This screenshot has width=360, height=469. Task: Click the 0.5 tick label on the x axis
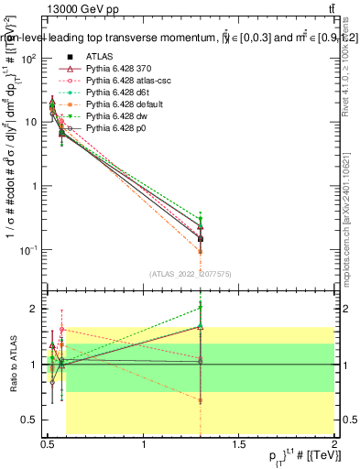pyautogui.click(x=49, y=445)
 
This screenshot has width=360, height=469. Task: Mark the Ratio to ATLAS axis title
pyautogui.click(x=12, y=365)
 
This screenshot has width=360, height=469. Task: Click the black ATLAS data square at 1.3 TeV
pyautogui.click(x=201, y=238)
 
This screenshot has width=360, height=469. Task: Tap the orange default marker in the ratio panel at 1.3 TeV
pyautogui.click(x=201, y=400)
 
